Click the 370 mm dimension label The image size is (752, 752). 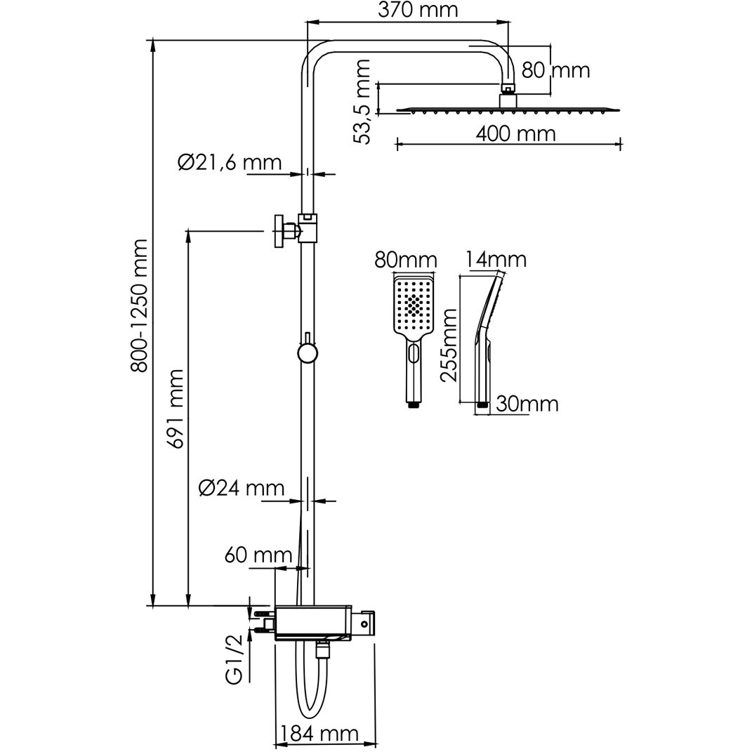coord(418,10)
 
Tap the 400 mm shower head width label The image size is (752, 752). coord(515,133)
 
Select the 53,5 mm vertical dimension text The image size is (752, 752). coord(362,102)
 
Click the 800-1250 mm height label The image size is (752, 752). coord(140,305)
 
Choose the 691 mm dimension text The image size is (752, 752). coord(175,409)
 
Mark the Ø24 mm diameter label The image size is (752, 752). coord(242,488)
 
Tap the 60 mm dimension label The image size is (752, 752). coord(258,555)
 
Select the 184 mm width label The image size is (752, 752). coord(319,733)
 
